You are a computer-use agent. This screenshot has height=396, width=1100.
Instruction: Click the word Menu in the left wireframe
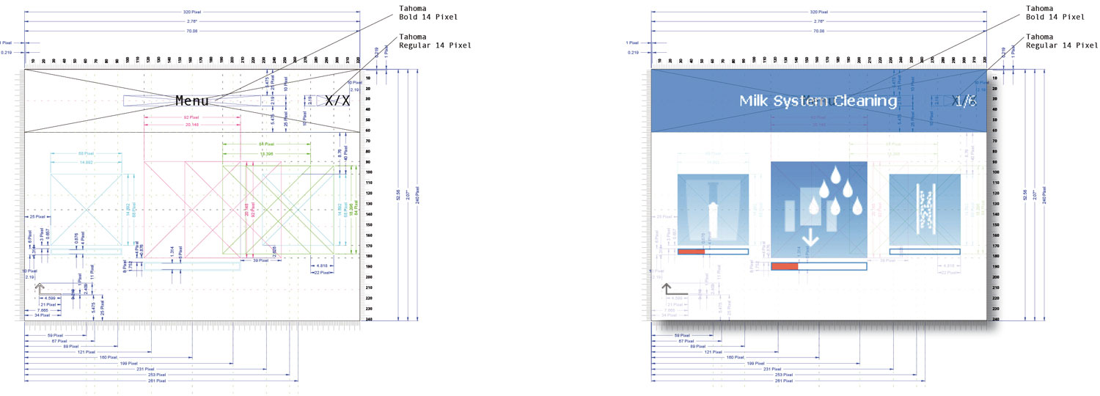pos(192,100)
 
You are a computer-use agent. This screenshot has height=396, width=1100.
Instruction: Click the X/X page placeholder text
pos(337,100)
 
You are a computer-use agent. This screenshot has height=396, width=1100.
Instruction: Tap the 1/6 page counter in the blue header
pos(964,101)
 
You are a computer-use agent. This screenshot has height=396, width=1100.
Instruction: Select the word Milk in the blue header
pos(755,101)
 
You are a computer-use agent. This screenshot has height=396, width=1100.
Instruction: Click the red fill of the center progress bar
pos(785,266)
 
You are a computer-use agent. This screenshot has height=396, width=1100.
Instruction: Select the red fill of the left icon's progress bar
pos(691,252)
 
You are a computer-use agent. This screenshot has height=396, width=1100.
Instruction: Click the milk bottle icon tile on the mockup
pos(713,208)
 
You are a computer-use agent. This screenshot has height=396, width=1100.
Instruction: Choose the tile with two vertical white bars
pos(925,208)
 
